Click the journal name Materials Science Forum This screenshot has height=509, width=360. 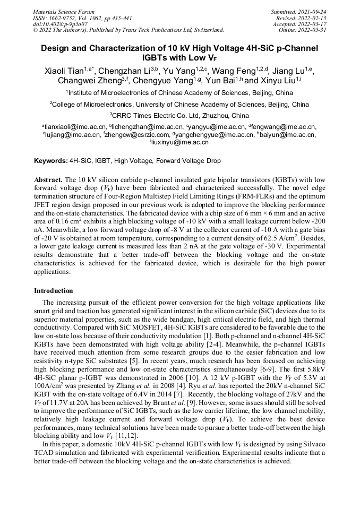[64, 12]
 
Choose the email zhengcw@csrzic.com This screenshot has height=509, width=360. [133, 135]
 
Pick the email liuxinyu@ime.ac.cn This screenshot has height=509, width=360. [181, 142]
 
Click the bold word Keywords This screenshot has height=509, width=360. [51, 160]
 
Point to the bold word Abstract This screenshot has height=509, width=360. [49, 180]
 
